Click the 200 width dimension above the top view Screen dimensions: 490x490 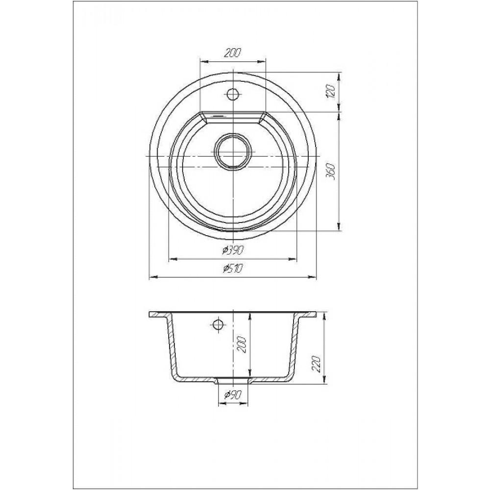233,53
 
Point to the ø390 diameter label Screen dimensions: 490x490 232,250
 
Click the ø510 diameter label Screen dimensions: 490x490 233,269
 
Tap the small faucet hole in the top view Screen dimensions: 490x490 233,94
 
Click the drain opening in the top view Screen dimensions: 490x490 233,151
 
